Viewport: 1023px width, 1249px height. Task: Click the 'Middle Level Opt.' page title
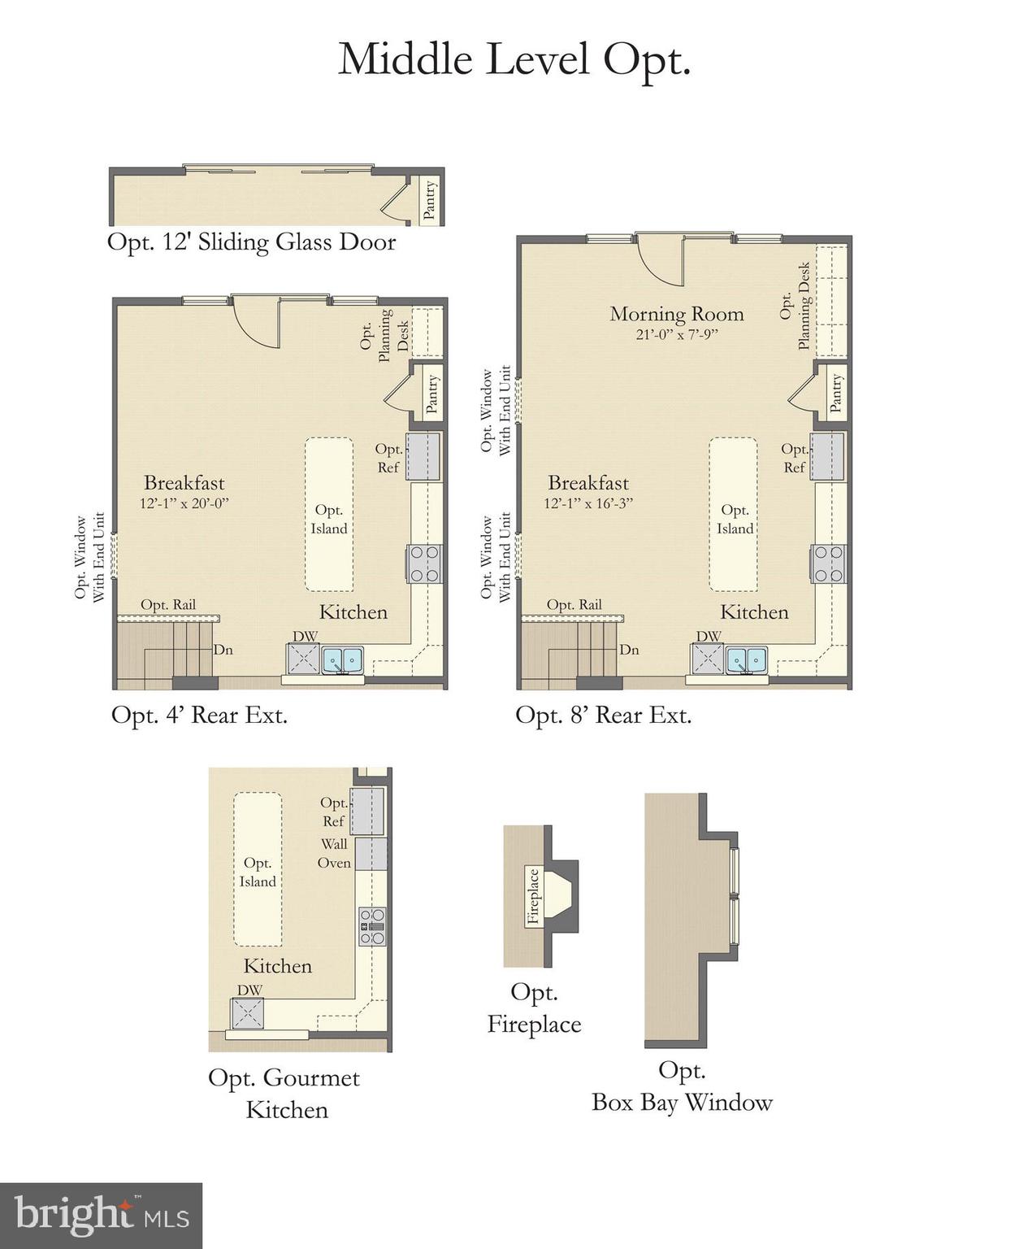point(514,59)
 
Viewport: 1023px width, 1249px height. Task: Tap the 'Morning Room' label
point(676,314)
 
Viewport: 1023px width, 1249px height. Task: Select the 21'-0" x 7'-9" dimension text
point(676,334)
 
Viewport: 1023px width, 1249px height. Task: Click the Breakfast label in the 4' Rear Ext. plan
point(184,482)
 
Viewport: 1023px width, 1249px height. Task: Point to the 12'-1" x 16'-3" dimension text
point(587,503)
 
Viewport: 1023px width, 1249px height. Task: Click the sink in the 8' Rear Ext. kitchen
point(746,659)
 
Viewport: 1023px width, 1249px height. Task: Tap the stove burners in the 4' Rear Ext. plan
point(423,564)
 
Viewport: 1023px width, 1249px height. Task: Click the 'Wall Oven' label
point(334,854)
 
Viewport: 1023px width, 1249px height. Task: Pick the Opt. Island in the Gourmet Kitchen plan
point(258,871)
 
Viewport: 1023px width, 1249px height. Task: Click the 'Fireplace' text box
point(533,896)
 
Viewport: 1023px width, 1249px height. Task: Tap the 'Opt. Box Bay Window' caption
point(681,1086)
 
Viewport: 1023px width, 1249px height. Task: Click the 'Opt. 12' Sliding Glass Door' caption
point(251,242)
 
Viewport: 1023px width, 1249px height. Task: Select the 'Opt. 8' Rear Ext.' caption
point(603,716)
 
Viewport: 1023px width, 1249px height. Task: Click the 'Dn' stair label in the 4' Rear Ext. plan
point(223,650)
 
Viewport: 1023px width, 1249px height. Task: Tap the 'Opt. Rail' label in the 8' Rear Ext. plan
point(574,604)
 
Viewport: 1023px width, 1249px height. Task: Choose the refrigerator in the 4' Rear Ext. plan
point(423,456)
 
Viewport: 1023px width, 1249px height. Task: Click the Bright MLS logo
point(101,1216)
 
